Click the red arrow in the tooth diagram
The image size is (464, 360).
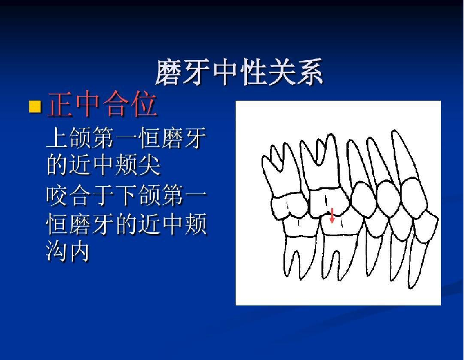pyautogui.click(x=332, y=215)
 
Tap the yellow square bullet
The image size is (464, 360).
pyautogui.click(x=35, y=106)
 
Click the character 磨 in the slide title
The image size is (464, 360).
pyautogui.click(x=169, y=72)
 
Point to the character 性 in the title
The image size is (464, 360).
pyautogui.click(x=253, y=72)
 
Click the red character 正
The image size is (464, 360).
pyautogui.click(x=60, y=104)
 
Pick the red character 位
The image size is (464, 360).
pyautogui.click(x=144, y=104)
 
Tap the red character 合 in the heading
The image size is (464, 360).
pyautogui.click(x=116, y=104)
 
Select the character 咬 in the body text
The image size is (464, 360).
pyautogui.click(x=57, y=195)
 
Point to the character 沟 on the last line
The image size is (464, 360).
pyautogui.click(x=57, y=251)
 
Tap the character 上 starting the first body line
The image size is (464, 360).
pyautogui.click(x=57, y=137)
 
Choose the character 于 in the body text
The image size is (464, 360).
pyautogui.click(x=103, y=195)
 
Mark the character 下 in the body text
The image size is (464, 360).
pyautogui.click(x=127, y=195)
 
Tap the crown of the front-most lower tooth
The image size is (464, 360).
pyautogui.click(x=425, y=227)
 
